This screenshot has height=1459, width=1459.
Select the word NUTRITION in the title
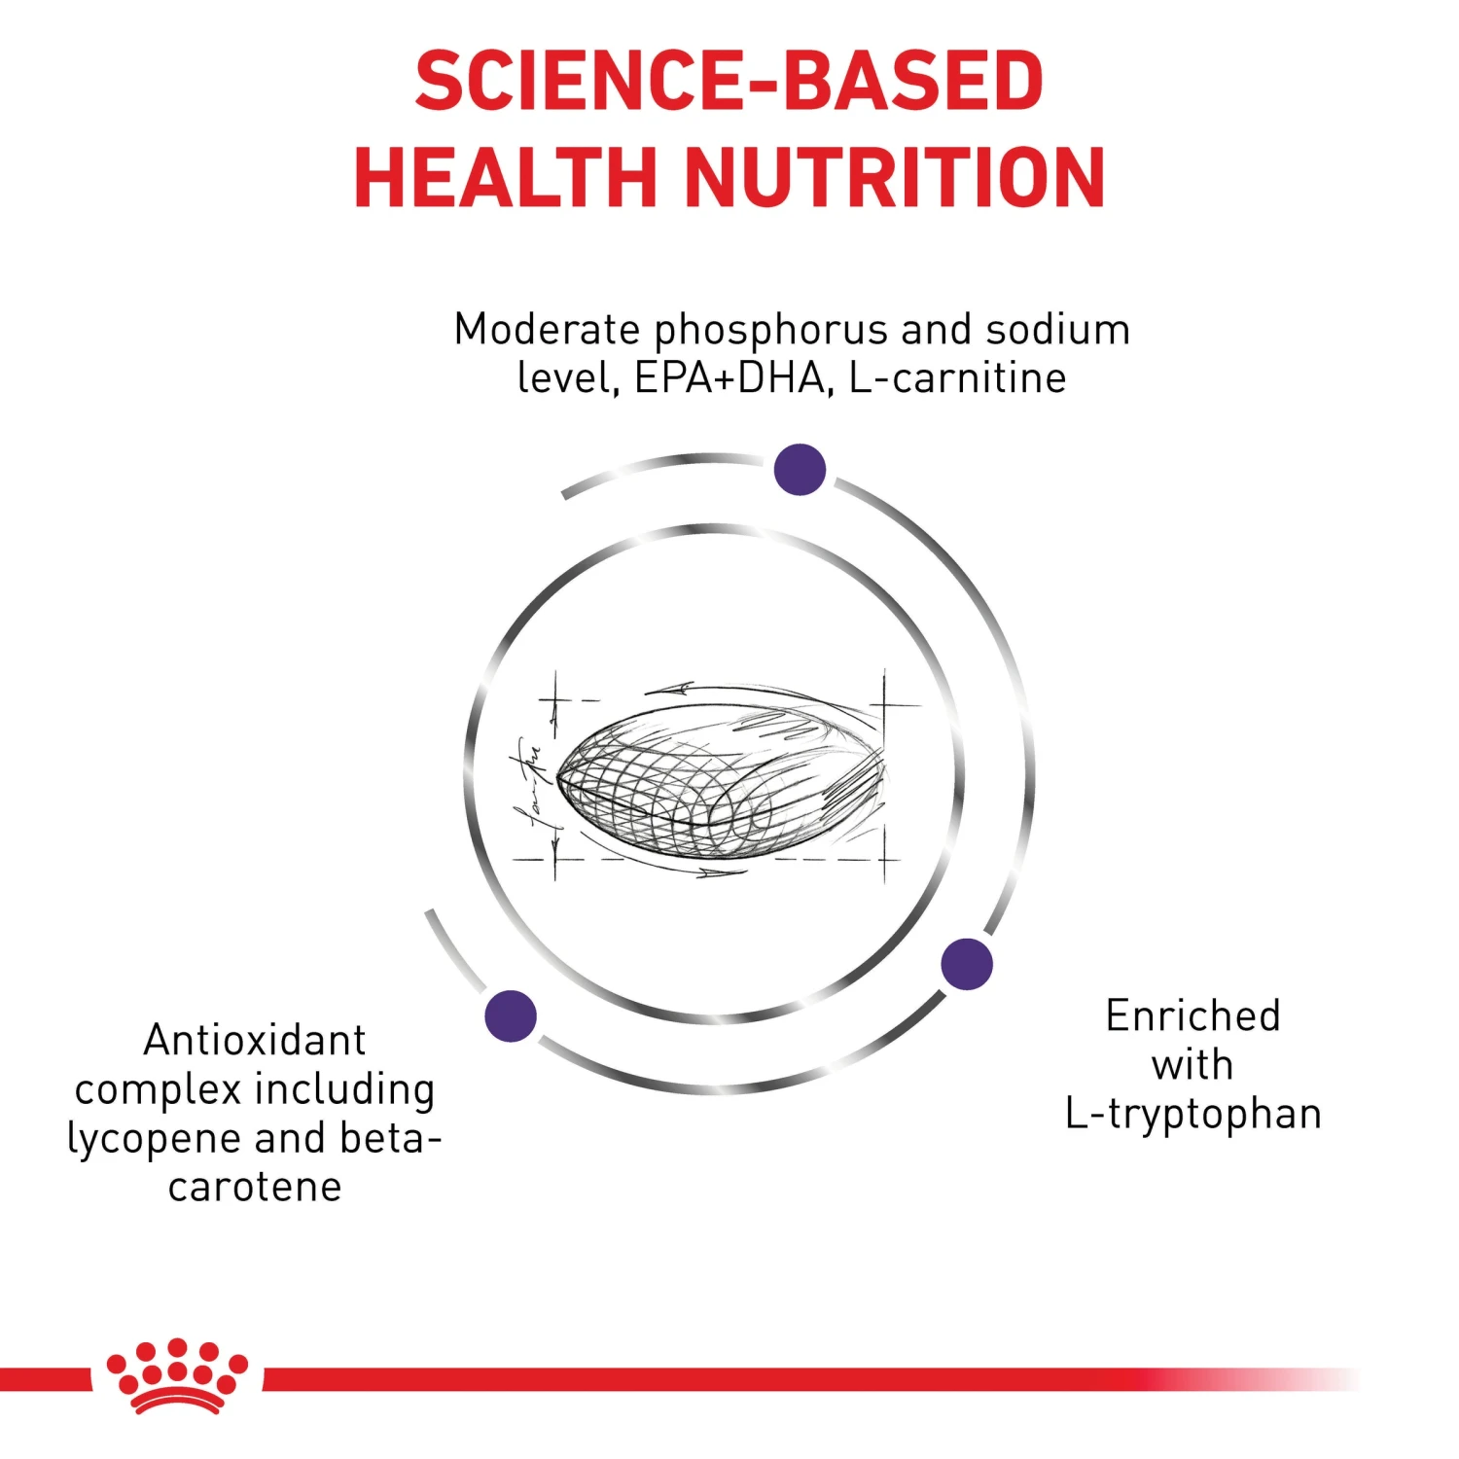895,177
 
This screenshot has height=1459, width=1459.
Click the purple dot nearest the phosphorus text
800,469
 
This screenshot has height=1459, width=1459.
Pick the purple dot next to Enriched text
967,964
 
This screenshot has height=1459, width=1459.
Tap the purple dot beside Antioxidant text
511,1015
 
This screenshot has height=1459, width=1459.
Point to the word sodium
1057,330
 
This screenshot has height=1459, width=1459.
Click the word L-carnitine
957,378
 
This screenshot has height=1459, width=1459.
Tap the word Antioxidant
255,1040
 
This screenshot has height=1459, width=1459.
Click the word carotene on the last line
255,1188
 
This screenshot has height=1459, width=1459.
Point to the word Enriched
1192,1016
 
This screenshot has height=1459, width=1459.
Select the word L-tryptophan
1192,1115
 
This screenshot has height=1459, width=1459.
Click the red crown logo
177,1375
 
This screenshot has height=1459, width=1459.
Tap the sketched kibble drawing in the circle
720,778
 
